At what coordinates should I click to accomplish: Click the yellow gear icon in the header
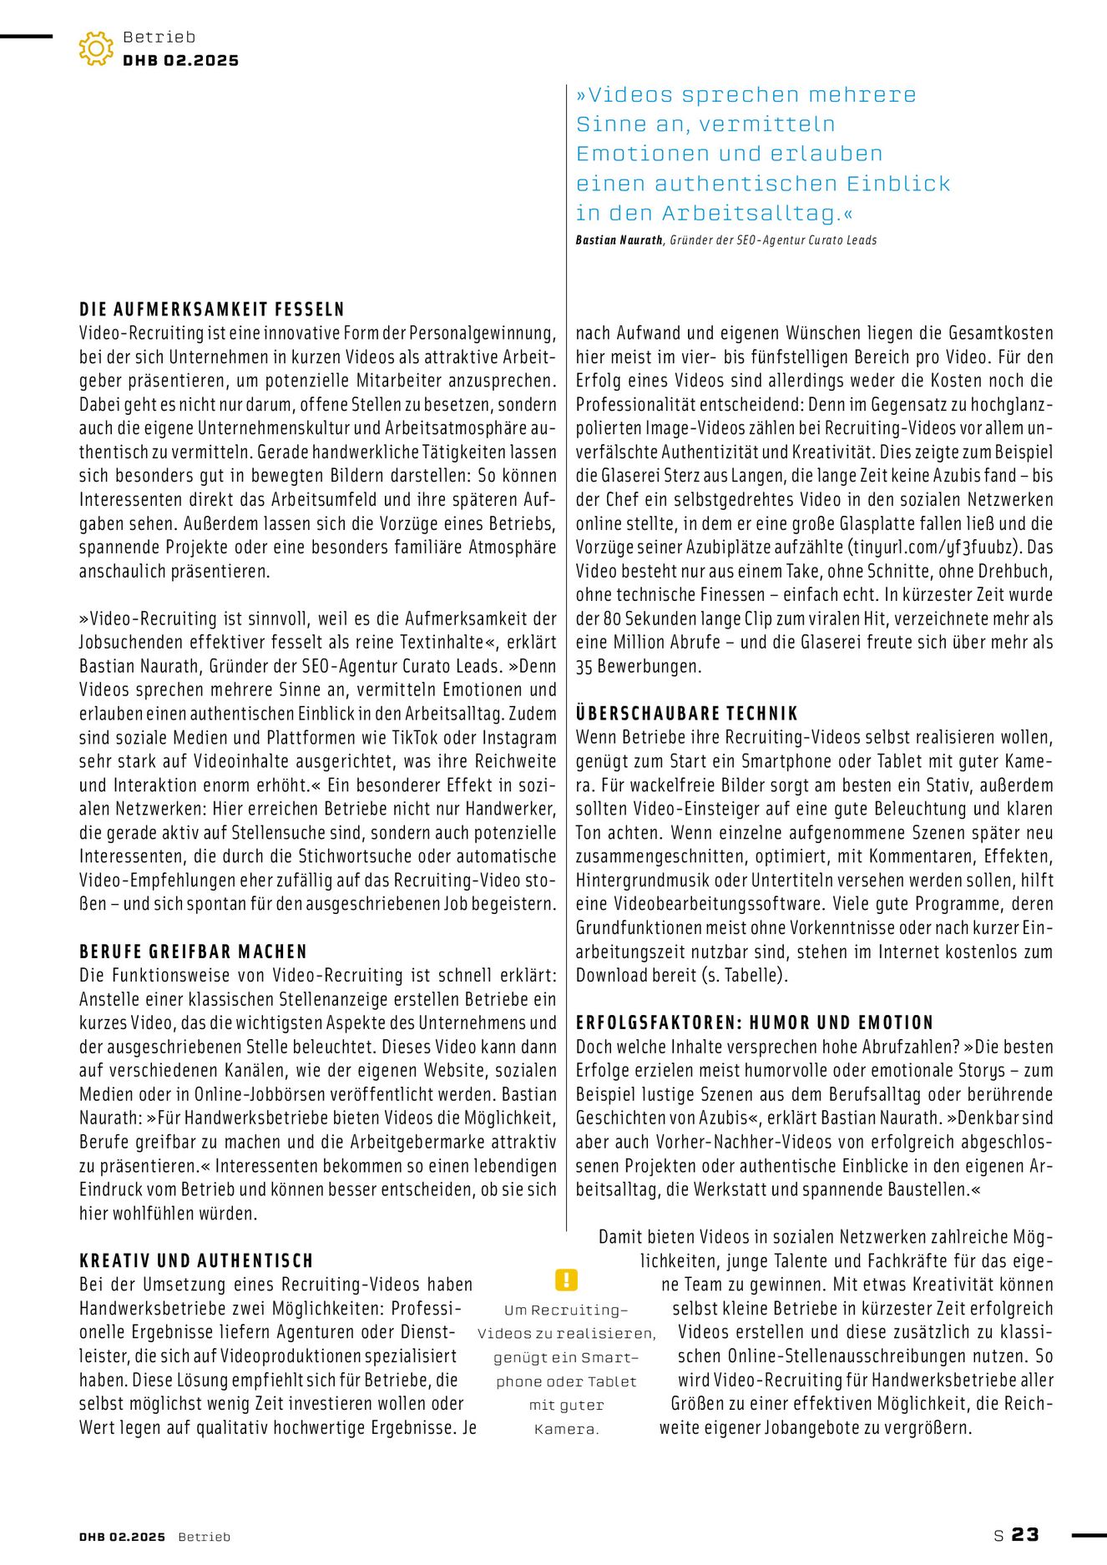(96, 48)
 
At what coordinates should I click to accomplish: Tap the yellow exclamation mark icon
(566, 1280)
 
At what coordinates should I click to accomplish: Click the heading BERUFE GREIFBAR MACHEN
(194, 952)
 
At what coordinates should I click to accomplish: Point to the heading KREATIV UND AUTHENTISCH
(196, 1260)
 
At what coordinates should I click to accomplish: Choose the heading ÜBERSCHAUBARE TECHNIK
(687, 714)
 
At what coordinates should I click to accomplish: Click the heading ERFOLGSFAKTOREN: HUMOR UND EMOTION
(755, 1022)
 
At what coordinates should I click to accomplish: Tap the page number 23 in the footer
(1025, 1535)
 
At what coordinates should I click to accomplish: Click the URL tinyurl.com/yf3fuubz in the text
(934, 548)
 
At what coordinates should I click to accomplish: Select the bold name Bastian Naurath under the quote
(619, 240)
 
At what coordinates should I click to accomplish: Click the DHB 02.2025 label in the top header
(180, 61)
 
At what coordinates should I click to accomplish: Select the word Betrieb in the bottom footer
(204, 1537)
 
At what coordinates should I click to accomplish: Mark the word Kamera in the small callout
(566, 1429)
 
